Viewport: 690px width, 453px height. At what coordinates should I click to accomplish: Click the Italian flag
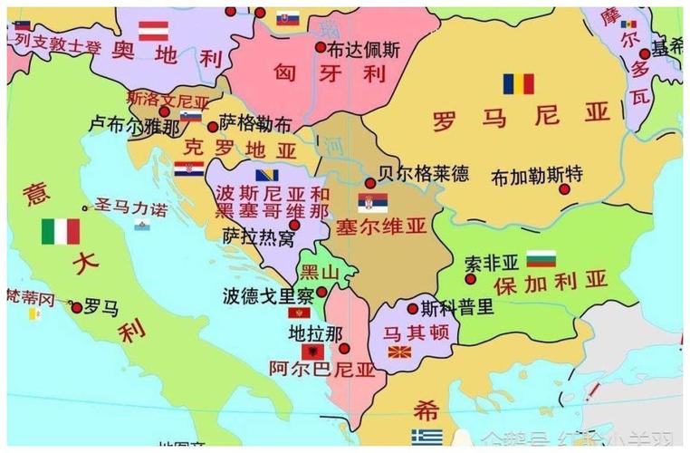[61, 232]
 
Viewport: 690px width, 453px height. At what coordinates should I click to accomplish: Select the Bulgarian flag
[541, 258]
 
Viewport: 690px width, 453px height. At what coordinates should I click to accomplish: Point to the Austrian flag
[153, 30]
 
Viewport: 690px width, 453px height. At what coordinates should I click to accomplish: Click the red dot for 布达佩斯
[321, 46]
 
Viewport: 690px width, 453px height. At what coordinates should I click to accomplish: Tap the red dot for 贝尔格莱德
[370, 183]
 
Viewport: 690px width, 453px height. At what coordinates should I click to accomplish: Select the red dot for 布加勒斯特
[564, 189]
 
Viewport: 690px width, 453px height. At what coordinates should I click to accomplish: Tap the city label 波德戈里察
[269, 295]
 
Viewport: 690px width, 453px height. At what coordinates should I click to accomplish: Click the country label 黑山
[321, 272]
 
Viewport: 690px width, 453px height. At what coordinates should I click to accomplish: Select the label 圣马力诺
[131, 208]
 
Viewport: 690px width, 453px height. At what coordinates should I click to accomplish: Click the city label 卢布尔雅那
[136, 127]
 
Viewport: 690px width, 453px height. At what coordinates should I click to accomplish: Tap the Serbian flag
[372, 202]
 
